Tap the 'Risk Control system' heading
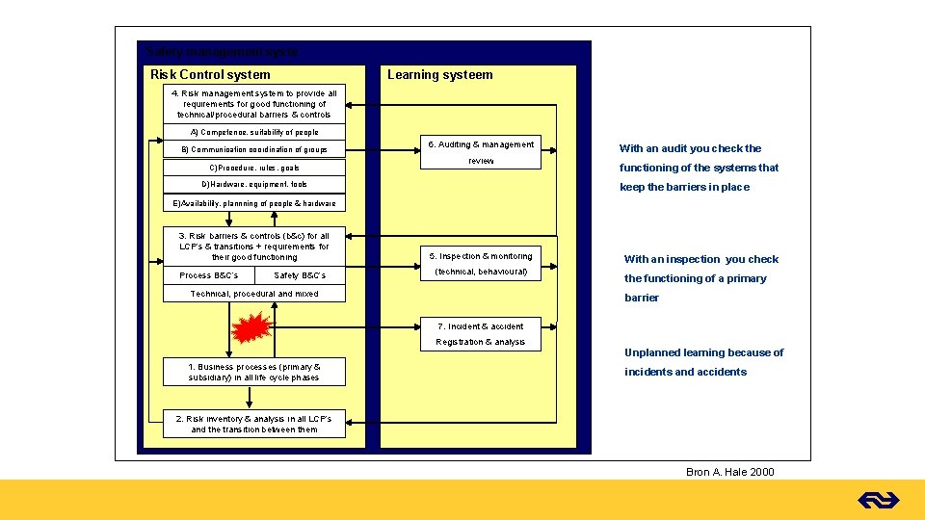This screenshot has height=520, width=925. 210,74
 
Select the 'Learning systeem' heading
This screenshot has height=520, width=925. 439,74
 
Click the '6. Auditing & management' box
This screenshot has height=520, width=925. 481,144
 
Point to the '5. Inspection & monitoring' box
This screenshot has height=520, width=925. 481,255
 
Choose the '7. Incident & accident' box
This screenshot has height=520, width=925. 480,326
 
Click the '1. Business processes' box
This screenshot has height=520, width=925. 254,372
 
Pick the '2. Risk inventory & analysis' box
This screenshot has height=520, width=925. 253,424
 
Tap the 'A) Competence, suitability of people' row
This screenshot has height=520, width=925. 254,132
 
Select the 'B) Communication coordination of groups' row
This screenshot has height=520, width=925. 254,149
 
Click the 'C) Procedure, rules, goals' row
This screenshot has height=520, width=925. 254,168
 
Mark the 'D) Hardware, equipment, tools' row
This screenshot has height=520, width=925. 254,184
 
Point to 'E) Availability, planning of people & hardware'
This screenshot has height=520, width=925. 254,203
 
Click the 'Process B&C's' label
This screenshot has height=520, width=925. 209,275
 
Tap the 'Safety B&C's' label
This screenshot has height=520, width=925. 300,275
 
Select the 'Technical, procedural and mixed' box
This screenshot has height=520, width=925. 254,294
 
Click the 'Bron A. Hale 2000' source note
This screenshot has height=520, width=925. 729,472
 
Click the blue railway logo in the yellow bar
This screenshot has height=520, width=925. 878,500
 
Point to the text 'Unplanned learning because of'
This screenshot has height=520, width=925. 703,352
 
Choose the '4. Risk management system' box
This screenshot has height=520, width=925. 254,104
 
